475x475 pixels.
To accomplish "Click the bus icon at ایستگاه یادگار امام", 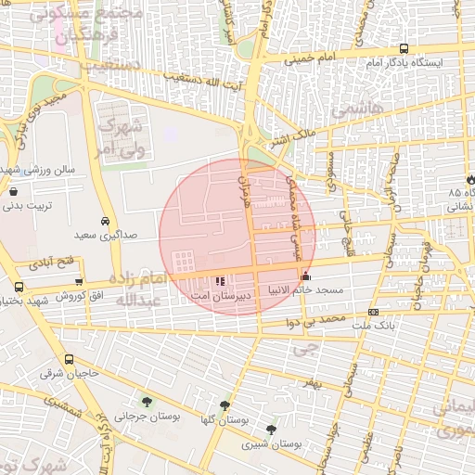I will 403,48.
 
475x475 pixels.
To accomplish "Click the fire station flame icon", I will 469,178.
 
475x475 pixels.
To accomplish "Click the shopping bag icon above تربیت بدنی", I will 13,191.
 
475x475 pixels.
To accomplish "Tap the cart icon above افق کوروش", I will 79,282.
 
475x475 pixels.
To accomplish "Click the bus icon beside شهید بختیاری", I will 19,288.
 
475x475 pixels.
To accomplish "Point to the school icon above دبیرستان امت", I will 220,280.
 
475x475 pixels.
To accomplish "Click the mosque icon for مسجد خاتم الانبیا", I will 306,276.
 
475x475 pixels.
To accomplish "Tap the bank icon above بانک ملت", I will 373,313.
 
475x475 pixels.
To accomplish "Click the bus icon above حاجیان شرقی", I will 69,359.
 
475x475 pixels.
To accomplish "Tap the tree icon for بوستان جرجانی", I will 147,401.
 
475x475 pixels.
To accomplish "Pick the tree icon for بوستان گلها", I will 225,406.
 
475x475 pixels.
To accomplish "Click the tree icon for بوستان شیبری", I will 270,430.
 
